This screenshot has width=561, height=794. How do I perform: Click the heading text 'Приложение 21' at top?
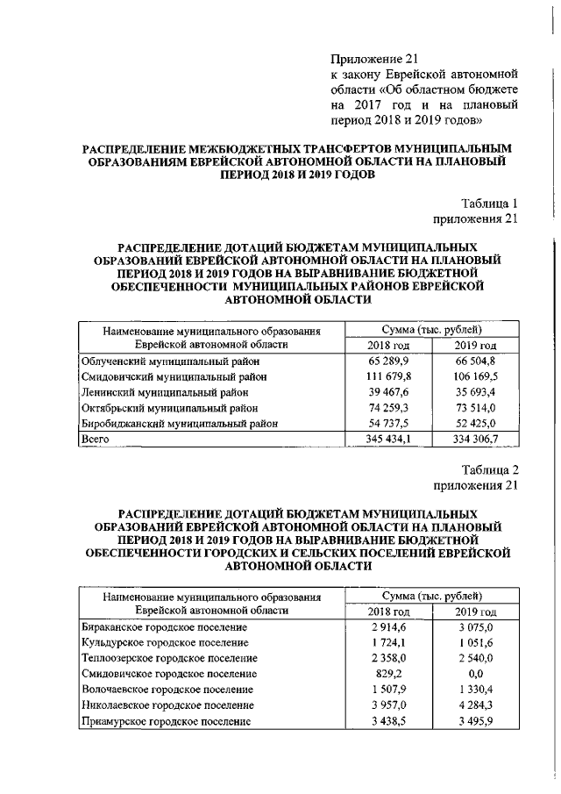point(368,59)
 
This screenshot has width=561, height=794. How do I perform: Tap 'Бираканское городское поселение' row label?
point(164,627)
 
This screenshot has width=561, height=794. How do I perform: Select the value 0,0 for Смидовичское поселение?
point(476,673)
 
